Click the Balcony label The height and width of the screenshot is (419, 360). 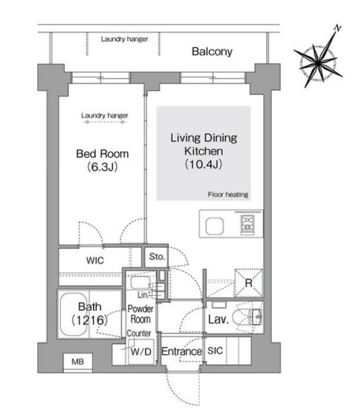(212, 51)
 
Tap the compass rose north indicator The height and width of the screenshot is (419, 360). (338, 28)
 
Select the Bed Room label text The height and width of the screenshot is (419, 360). (103, 154)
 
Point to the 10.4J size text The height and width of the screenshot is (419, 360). (204, 164)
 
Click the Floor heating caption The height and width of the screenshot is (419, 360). (228, 195)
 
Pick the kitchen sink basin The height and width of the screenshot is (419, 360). (215, 226)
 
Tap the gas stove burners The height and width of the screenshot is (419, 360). (247, 224)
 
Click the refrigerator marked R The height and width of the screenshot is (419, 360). (249, 282)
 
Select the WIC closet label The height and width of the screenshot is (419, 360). (96, 260)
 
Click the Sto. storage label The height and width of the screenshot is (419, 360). (157, 256)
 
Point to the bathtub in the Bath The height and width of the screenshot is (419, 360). (73, 315)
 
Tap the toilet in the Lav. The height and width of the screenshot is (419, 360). (246, 317)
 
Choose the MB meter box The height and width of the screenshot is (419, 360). (78, 362)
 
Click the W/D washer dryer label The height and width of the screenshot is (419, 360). (141, 352)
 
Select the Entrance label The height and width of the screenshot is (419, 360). (182, 351)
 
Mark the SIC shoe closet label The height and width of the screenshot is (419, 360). (216, 350)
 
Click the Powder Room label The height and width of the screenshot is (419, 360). (141, 314)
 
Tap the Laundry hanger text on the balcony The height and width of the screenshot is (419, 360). (125, 39)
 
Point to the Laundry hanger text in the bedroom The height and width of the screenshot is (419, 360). (105, 115)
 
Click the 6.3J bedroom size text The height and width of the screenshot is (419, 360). (103, 167)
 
